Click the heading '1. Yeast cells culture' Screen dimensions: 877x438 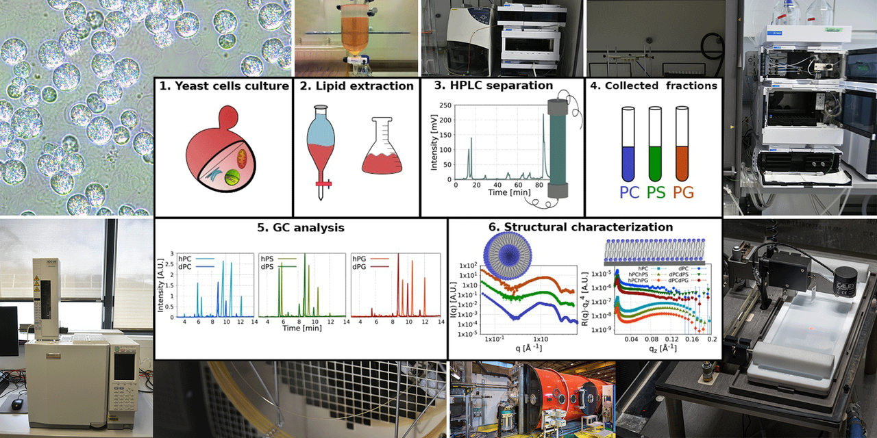[x=223, y=86]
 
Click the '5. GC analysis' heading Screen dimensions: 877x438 [x=300, y=227]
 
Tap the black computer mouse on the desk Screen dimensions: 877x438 [x=16, y=404]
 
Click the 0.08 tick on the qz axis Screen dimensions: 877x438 [x=652, y=339]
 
